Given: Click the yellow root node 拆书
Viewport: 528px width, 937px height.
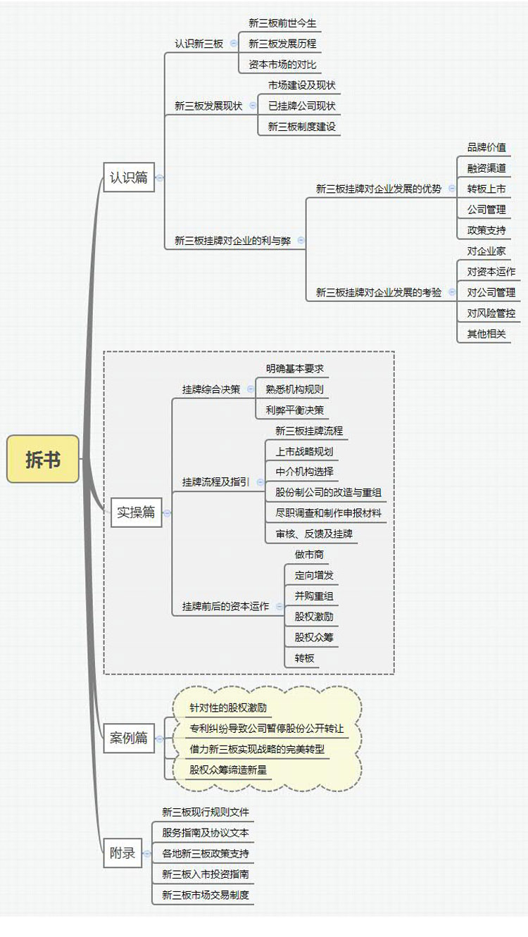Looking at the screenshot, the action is pyautogui.click(x=43, y=459).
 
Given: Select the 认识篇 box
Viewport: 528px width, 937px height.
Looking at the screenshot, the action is pyautogui.click(x=129, y=177).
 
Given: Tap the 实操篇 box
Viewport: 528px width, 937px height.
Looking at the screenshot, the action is pyautogui.click(x=136, y=512).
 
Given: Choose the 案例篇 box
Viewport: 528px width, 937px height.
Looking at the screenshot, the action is pyautogui.click(x=129, y=738).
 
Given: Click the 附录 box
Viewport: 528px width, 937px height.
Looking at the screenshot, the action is pyautogui.click(x=122, y=853).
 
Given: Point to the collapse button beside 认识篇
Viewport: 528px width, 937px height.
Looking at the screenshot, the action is pyautogui.click(x=159, y=177).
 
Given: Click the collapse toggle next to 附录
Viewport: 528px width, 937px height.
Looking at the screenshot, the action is pyautogui.click(x=147, y=853).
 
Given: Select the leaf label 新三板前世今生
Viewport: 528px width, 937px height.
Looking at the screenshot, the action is pyautogui.click(x=282, y=23).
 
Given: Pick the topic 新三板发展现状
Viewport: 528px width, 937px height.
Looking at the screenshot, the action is pyautogui.click(x=208, y=106).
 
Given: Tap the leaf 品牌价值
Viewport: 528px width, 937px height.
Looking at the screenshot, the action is pyautogui.click(x=486, y=147).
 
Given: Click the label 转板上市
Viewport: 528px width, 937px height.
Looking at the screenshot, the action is pyautogui.click(x=486, y=189).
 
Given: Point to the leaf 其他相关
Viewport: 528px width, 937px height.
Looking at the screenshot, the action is pyautogui.click(x=486, y=334).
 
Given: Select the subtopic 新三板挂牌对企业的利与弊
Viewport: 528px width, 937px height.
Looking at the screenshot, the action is pyautogui.click(x=232, y=241).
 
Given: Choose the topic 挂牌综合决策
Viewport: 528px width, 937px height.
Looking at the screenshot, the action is pyautogui.click(x=211, y=389).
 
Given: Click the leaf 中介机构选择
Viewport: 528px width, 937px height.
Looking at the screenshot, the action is pyautogui.click(x=305, y=472).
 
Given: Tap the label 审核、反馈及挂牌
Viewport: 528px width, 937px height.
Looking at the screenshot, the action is pyautogui.click(x=314, y=534).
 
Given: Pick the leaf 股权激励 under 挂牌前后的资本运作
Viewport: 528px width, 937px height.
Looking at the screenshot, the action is pyautogui.click(x=314, y=617).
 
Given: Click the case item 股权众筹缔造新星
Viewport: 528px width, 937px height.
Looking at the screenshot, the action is pyautogui.click(x=228, y=769).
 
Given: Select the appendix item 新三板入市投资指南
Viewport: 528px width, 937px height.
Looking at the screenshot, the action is pyautogui.click(x=206, y=874).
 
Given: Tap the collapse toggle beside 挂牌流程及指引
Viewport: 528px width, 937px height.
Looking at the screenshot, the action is pyautogui.click(x=260, y=482).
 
